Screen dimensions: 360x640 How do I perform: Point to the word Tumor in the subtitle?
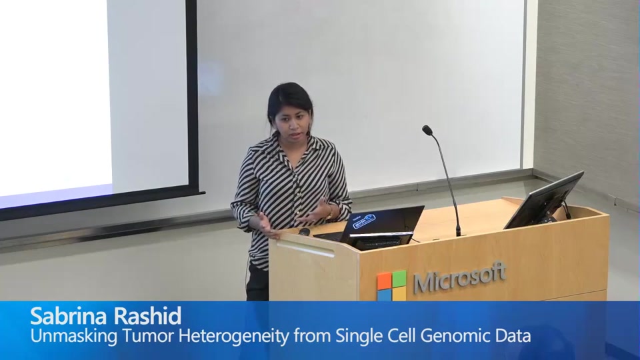tap(147, 335)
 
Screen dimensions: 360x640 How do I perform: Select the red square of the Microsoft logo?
tap(384, 279)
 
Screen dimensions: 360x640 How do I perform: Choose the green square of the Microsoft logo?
tap(399, 277)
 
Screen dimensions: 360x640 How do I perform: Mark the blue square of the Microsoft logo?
tap(385, 293)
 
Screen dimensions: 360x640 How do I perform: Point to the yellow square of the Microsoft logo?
tap(399, 292)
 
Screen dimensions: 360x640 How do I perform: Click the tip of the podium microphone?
tap(427, 130)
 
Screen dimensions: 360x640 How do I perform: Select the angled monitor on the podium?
tap(543, 200)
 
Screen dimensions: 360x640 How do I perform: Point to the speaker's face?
tap(293, 117)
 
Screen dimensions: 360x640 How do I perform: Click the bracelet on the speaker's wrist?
tap(329, 212)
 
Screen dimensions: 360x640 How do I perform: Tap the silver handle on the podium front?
tap(306, 249)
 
